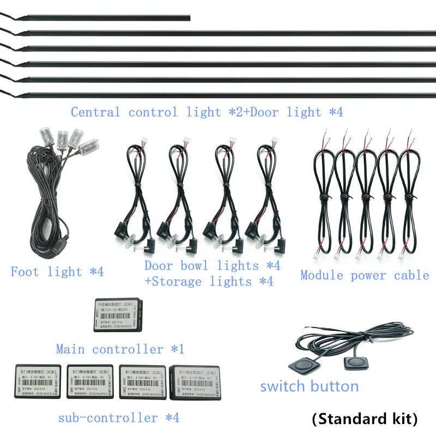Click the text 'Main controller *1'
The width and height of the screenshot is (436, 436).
[120, 349]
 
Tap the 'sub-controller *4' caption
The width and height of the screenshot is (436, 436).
[118, 418]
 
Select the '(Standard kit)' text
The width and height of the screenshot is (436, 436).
[365, 419]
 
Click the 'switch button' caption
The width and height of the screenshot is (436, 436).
[309, 387]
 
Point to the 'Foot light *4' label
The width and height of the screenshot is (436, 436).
[57, 271]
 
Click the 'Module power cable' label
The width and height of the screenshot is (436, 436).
[365, 275]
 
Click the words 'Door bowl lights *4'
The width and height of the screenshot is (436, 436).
[212, 265]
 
